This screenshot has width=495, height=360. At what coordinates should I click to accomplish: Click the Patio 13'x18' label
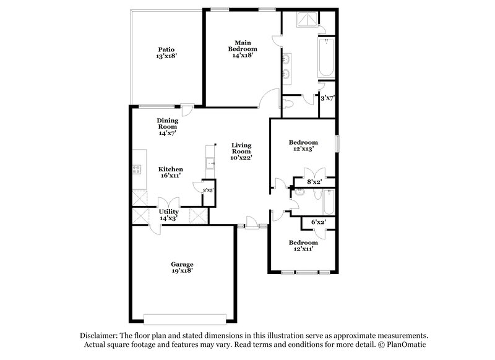165,53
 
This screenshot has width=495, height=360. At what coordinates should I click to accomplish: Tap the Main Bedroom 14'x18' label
243,48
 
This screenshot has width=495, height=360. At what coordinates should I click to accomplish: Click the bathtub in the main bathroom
325,59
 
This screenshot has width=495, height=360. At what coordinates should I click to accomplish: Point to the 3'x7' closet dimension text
327,98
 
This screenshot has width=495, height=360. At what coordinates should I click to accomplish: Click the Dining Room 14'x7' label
168,126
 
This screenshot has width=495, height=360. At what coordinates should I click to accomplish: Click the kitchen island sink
210,164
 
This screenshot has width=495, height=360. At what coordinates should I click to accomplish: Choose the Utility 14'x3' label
168,215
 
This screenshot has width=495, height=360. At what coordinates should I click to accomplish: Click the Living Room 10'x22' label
241,152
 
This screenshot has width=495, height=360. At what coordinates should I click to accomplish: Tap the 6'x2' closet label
318,221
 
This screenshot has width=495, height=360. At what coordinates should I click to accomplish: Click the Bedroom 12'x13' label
304,145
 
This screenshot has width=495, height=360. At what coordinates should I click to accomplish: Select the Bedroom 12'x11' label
303,246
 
